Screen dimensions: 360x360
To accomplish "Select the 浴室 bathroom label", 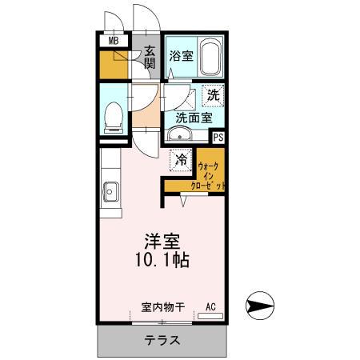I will coord(181,57).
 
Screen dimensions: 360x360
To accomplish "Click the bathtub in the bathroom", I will coord(209,57).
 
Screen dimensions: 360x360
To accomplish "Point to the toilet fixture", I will coord(113,116).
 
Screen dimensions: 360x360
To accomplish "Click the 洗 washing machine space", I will coord(213,94).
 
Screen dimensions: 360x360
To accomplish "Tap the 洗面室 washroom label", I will coord(194,118).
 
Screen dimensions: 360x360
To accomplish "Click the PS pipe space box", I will coord(218,137).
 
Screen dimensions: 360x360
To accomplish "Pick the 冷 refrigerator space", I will coord(182,160).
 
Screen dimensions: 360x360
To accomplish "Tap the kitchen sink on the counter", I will coord(110,193).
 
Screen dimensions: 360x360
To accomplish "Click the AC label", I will coord(211,306).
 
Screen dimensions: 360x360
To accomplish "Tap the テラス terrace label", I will coord(162,340).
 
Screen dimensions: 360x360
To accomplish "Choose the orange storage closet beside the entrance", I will coord(115,66).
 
